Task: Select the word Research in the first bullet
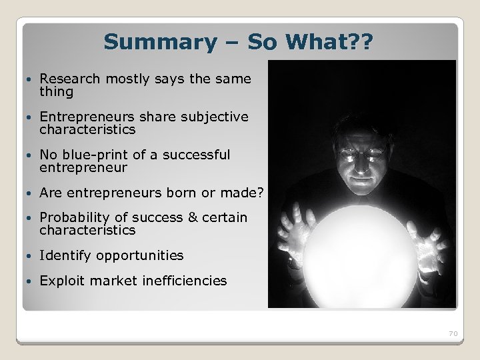point(69,79)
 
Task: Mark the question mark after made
point(261,193)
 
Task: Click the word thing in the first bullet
point(56,92)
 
